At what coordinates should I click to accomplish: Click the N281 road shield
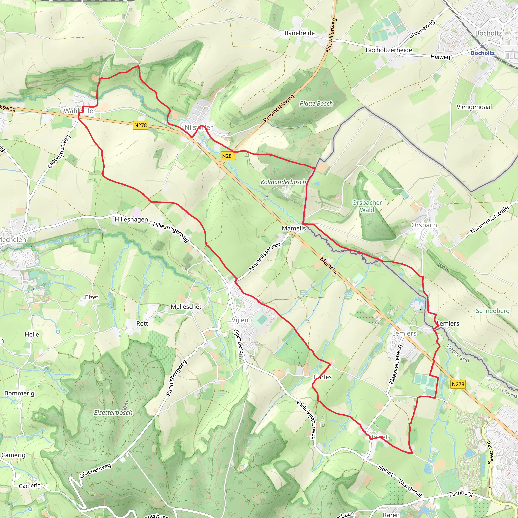pos(228,156)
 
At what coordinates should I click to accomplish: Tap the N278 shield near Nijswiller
pos(140,125)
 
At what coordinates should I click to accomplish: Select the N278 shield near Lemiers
pos(458,384)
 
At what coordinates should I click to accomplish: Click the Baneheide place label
pos(299,33)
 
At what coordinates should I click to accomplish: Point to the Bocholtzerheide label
pos(389,50)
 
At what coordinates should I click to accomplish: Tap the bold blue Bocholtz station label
pos(483,53)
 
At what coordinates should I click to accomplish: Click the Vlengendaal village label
pos(474,107)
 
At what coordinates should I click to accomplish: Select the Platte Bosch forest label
pos(316,103)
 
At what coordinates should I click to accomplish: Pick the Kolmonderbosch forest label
pos(283,182)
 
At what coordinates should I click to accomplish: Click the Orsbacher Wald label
pos(367,206)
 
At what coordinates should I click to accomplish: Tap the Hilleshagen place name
pos(131,219)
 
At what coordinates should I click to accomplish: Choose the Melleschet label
pos(186,307)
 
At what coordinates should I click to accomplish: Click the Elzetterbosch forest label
pos(113,412)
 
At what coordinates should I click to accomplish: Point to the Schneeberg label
pos(492,311)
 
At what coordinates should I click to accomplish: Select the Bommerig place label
pos(19,393)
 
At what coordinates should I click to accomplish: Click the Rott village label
pos(142,323)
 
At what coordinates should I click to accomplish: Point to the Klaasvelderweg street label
pos(396,364)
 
